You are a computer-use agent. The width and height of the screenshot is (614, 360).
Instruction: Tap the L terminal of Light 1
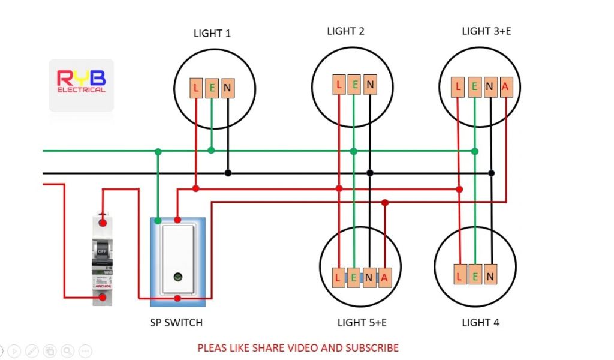pyautogui.click(x=196, y=89)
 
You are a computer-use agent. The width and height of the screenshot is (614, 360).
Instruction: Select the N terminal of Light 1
pyautogui.click(x=227, y=89)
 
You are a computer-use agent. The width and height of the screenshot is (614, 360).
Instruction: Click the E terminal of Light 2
pyautogui.click(x=354, y=85)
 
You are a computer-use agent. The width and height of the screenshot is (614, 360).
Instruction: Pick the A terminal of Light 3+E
pyautogui.click(x=505, y=87)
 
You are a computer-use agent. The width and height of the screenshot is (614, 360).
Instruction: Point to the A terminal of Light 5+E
pyautogui.click(x=385, y=277)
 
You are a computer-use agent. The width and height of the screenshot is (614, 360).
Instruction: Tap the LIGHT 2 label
pyautogui.click(x=345, y=31)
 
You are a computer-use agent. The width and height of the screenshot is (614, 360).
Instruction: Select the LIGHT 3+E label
pyautogui.click(x=486, y=31)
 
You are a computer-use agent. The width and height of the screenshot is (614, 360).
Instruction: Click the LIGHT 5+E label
pyautogui.click(x=362, y=323)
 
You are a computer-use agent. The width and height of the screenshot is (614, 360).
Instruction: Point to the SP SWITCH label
pyautogui.click(x=176, y=323)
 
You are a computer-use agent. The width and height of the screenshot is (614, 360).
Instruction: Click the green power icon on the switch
pyautogui.click(x=177, y=277)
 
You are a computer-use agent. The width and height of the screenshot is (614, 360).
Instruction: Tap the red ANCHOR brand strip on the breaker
pyautogui.click(x=103, y=286)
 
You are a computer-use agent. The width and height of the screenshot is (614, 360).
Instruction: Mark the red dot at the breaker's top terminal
pyautogui.click(x=103, y=223)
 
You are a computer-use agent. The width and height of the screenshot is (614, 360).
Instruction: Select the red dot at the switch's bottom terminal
pyautogui.click(x=177, y=298)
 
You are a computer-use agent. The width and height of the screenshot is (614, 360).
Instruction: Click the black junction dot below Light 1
pyautogui.click(x=228, y=173)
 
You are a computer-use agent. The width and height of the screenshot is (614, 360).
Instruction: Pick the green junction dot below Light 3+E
pyautogui.click(x=475, y=151)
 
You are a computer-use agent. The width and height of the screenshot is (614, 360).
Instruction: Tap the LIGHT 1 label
pyautogui.click(x=212, y=34)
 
